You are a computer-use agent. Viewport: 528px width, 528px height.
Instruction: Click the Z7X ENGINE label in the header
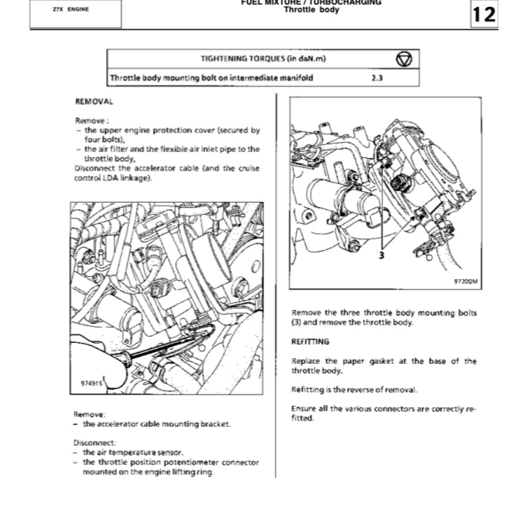[x=71, y=9]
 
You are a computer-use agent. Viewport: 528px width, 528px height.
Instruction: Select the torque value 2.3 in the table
[x=377, y=78]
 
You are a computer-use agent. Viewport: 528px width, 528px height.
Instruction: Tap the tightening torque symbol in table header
[x=404, y=59]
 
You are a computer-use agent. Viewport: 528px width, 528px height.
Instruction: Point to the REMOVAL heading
[x=94, y=101]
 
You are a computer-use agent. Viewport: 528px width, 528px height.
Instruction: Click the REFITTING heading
[x=310, y=342]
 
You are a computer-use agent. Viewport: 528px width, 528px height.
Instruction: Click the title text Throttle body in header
[x=311, y=10]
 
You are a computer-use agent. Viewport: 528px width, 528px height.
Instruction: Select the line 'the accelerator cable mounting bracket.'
[x=157, y=424]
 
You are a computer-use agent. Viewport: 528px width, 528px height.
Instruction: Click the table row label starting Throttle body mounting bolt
[x=211, y=78]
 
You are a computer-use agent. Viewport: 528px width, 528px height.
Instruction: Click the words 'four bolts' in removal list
[x=101, y=140]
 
